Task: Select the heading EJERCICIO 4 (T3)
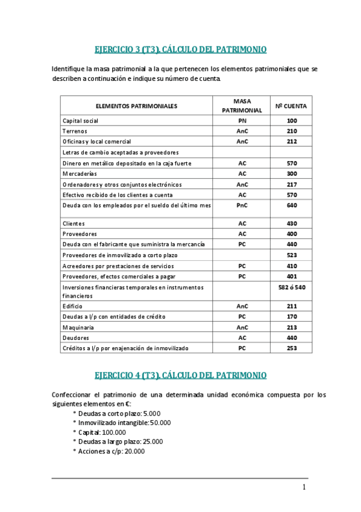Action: [181, 375]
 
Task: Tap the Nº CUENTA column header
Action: [291, 106]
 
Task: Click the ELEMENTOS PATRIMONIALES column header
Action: [136, 106]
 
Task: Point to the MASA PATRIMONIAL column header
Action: [242, 106]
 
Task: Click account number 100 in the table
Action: [292, 121]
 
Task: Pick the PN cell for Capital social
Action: [242, 121]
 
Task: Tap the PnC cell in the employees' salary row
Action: [242, 205]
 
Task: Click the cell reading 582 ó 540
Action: [292, 287]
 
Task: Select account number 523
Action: [292, 255]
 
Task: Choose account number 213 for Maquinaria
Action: [292, 327]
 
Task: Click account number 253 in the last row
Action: [292, 348]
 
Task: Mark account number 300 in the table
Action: [292, 174]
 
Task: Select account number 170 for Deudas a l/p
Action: [292, 316]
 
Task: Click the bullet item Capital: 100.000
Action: [102, 432]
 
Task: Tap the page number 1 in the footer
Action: [304, 487]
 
